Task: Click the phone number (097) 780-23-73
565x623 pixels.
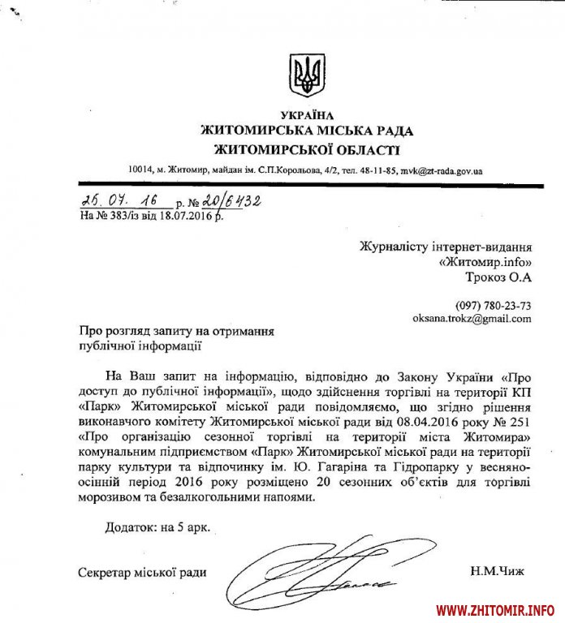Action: pyautogui.click(x=495, y=305)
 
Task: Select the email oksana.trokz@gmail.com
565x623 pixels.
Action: pyautogui.click(x=472, y=319)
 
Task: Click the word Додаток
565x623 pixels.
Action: pyautogui.click(x=130, y=527)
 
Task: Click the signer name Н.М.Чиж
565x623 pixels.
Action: pyautogui.click(x=497, y=572)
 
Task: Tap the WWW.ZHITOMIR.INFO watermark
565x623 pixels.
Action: pyautogui.click(x=495, y=608)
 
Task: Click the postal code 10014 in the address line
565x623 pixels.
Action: pyautogui.click(x=140, y=171)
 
